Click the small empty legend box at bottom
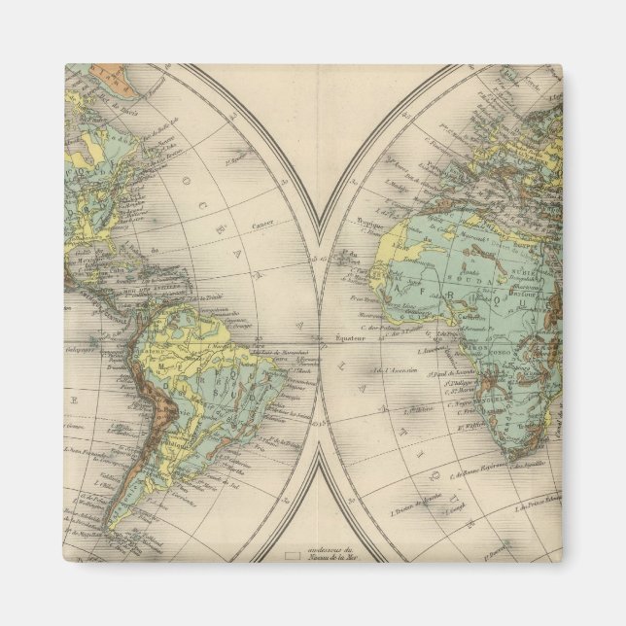(292, 558)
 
